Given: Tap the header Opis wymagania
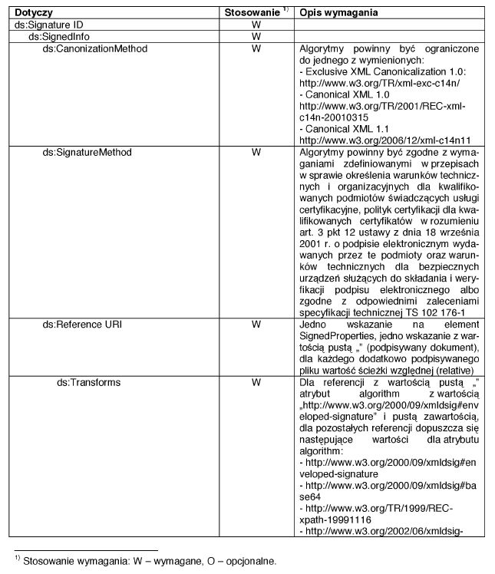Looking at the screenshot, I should [336, 14].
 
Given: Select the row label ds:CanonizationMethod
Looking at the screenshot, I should [94, 48].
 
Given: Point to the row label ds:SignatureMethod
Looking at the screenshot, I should [87, 152].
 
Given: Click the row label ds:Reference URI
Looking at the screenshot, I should [82, 325].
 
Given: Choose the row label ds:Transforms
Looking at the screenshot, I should [89, 382].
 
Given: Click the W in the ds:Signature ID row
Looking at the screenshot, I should [256, 25].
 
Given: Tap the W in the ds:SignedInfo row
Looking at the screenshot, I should [256, 37].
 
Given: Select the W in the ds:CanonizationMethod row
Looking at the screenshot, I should [256, 48].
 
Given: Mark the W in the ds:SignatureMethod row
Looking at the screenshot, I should [256, 152].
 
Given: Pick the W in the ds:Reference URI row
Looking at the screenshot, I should [256, 325].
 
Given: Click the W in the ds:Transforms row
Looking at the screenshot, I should [256, 382].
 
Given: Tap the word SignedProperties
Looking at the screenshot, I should [336, 336].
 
